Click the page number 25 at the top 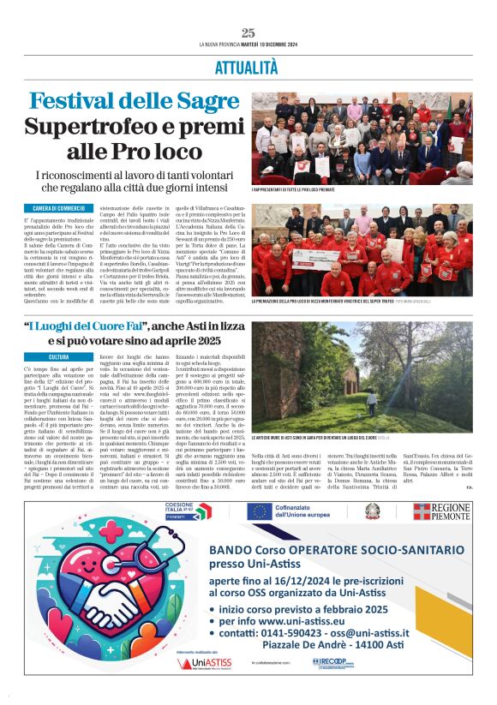click(x=248, y=33)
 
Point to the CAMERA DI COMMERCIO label click(x=59, y=208)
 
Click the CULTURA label click(x=58, y=356)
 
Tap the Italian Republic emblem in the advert click(x=372, y=511)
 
